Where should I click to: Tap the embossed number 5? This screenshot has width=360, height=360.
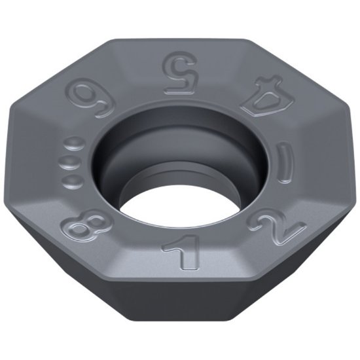(180, 73)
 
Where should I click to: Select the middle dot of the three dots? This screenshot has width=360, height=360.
(69, 161)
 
